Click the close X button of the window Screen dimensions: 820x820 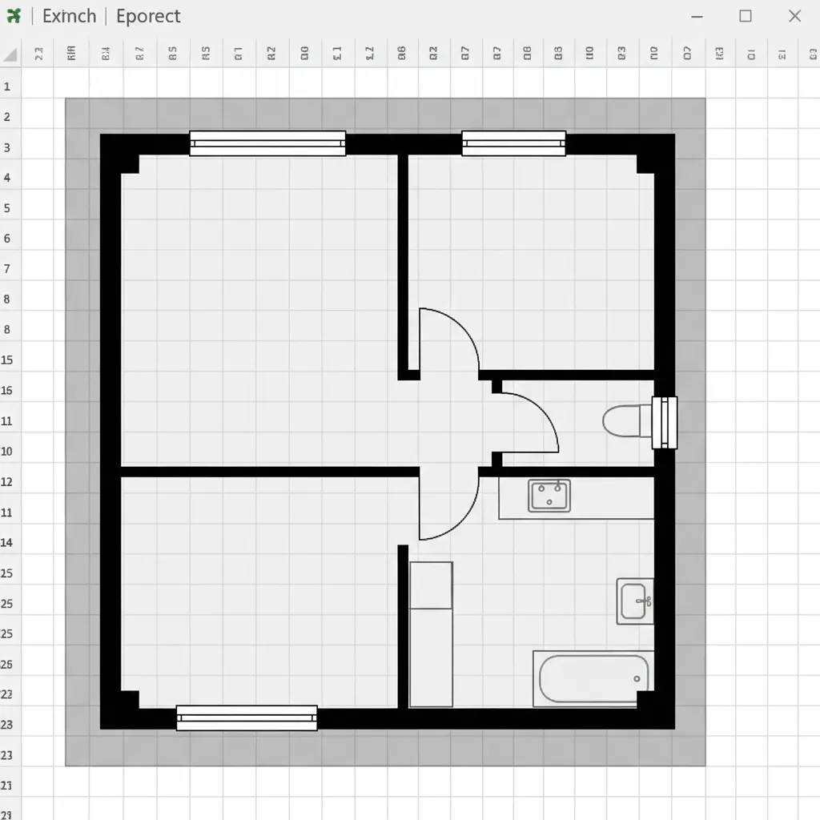coord(794,16)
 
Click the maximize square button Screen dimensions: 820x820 coord(746,16)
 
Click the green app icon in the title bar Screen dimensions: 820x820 coord(14,16)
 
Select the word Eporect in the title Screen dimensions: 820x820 coord(148,16)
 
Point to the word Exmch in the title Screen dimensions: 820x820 coord(69,16)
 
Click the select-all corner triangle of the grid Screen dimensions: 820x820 coord(10,54)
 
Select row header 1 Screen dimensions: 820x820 coord(7,86)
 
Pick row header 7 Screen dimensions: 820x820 coord(7,269)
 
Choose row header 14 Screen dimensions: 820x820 coord(7,543)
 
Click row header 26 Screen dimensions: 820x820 coord(7,665)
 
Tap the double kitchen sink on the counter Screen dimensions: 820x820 coord(549,496)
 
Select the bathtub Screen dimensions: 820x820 coord(593,679)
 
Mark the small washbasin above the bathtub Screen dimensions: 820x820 coord(634,601)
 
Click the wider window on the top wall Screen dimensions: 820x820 coord(267,143)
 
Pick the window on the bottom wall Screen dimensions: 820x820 coord(247,717)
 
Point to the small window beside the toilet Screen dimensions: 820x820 coord(665,422)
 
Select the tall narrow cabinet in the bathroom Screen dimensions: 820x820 coord(431,634)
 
